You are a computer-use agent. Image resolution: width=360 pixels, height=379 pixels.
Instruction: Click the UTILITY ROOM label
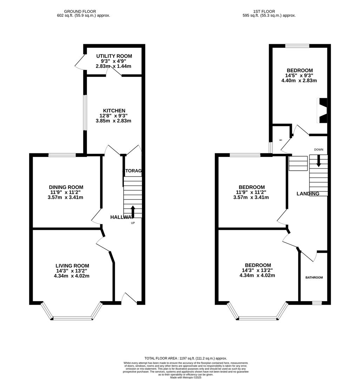coord(114,56)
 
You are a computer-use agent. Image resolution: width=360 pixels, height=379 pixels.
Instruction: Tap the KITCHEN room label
coord(114,111)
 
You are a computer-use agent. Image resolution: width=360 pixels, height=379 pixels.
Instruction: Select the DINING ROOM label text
coord(66,187)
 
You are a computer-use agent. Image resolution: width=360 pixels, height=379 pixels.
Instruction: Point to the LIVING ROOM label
coord(72,266)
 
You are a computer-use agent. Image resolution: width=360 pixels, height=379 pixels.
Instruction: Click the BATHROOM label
coord(314,278)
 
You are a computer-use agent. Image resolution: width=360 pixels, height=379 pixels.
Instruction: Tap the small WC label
coord(281,140)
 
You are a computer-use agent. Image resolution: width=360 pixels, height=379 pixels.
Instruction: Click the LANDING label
coord(308,194)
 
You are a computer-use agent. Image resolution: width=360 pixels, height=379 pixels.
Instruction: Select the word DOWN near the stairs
coord(319,149)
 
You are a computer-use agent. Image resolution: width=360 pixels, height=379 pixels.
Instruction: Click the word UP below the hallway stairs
coord(133,223)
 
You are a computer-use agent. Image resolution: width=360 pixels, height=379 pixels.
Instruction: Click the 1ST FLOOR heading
coord(268,12)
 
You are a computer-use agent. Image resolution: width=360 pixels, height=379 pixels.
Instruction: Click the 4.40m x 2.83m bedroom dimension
coord(299,80)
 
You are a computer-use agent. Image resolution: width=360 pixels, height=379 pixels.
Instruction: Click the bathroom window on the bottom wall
coord(317,302)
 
